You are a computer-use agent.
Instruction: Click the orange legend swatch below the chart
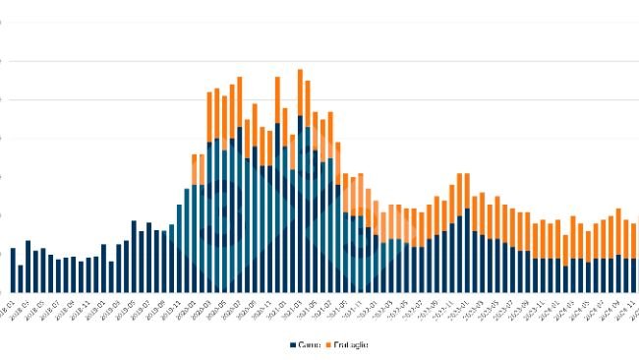(x=329, y=344)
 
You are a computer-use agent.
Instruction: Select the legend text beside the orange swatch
(x=352, y=344)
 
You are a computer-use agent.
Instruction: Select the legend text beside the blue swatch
(x=310, y=344)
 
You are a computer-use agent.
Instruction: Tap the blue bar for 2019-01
(x=103, y=267)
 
